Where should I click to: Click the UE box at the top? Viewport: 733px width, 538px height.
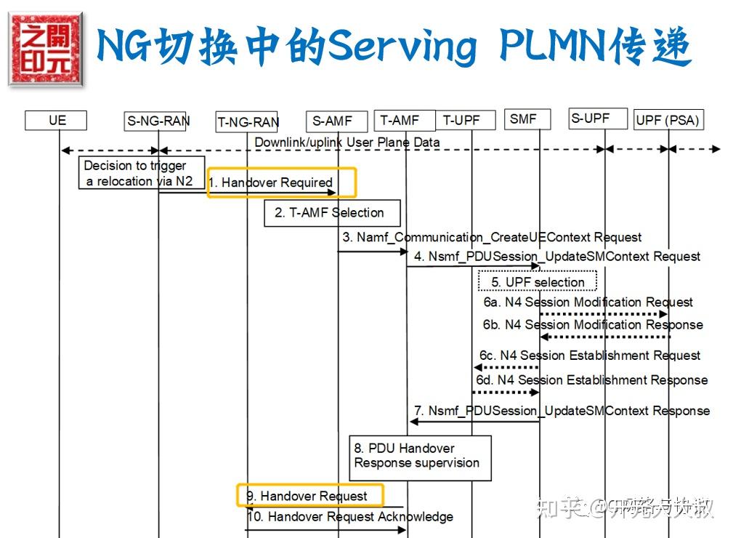[x=56, y=120]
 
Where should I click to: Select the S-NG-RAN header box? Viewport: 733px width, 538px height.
[x=158, y=121]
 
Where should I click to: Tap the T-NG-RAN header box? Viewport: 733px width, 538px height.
[x=247, y=122]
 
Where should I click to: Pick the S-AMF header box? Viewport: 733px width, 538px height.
[x=332, y=121]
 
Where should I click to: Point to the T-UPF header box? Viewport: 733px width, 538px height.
[x=465, y=120]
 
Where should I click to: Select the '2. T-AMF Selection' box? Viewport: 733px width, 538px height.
[x=332, y=213]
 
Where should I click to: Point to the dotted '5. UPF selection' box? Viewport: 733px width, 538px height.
[x=538, y=281]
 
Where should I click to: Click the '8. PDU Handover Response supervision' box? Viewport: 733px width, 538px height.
[x=420, y=457]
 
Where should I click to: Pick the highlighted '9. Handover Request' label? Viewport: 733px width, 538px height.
[x=309, y=496]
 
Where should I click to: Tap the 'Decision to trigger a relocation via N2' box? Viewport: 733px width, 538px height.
[x=141, y=173]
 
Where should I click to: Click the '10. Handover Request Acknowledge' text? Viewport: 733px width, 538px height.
[x=350, y=517]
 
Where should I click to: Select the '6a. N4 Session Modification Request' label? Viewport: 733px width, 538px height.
[x=588, y=302]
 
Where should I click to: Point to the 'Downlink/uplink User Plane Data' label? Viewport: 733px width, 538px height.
[x=347, y=142]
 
